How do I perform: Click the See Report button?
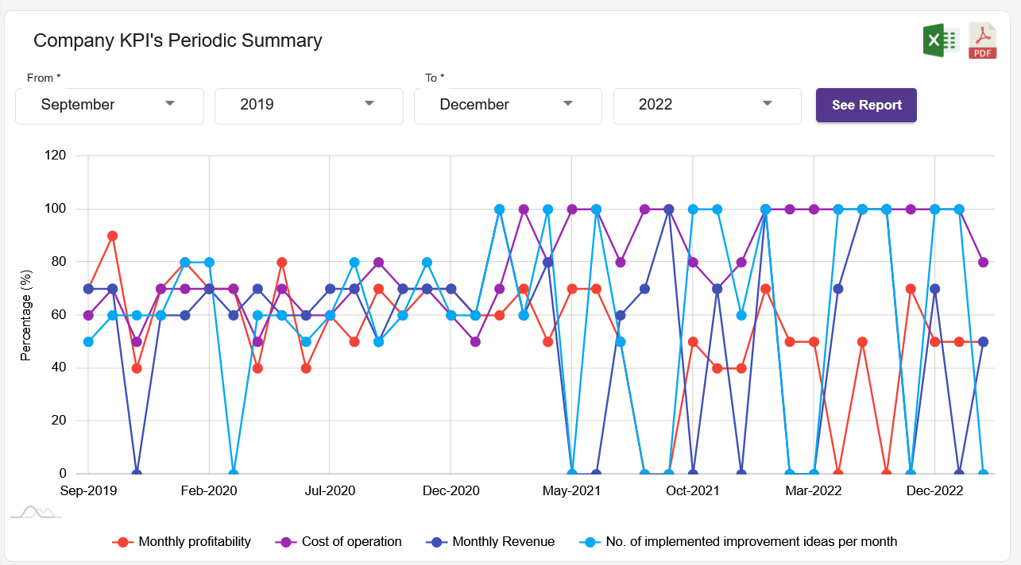(x=866, y=105)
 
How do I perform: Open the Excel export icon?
(x=941, y=40)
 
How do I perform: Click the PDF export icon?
(x=983, y=41)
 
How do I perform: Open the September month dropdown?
(x=109, y=105)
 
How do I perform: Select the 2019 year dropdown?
(x=308, y=105)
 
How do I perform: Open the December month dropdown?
(x=508, y=105)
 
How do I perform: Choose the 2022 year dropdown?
(x=706, y=105)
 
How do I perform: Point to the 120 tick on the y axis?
(x=55, y=156)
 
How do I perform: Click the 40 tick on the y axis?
(x=58, y=367)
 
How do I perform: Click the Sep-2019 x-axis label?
(x=88, y=491)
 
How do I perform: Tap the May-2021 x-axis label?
(x=571, y=491)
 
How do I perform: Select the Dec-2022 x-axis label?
(x=934, y=491)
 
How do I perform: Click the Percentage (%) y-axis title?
(x=26, y=315)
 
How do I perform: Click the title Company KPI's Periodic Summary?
(x=177, y=40)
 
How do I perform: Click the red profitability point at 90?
(x=113, y=236)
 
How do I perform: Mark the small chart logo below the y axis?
(x=36, y=512)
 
